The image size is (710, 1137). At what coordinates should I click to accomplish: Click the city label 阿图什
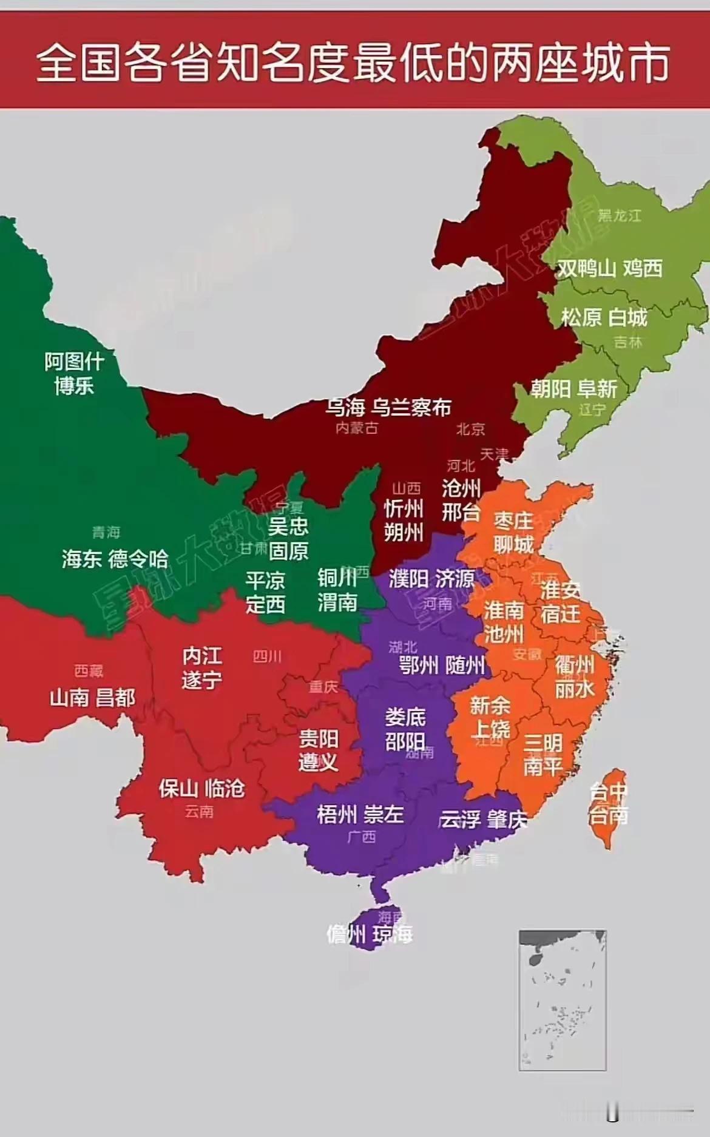click(74, 362)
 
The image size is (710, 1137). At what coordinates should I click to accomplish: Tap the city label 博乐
click(74, 385)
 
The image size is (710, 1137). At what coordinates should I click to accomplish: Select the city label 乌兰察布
click(411, 407)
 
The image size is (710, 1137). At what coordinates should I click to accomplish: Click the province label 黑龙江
click(619, 215)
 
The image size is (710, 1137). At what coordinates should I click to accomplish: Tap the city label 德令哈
click(138, 559)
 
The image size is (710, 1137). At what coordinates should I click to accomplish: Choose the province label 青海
click(106, 532)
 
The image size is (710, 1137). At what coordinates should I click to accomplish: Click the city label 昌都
click(115, 698)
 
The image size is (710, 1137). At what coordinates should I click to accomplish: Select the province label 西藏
click(89, 670)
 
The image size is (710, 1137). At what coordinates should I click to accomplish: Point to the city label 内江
click(202, 656)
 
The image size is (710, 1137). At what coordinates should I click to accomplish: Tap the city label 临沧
click(225, 788)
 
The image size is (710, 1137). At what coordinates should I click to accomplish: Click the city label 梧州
click(336, 814)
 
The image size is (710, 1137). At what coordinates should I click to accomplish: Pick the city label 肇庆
click(506, 820)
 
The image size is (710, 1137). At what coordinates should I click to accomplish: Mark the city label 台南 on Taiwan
click(608, 815)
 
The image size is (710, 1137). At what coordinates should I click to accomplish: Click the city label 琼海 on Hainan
click(393, 934)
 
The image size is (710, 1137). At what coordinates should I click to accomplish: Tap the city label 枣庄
click(513, 521)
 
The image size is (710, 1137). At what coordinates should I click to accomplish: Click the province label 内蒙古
click(357, 428)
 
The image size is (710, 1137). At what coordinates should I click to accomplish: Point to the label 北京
click(470, 429)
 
